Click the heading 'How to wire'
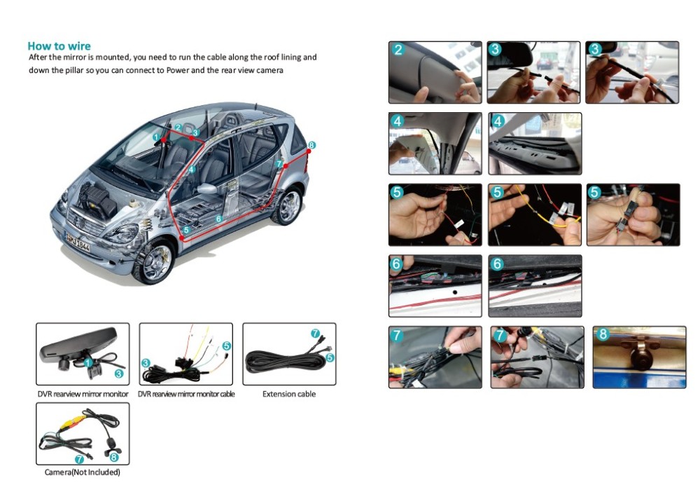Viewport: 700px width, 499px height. click(x=59, y=46)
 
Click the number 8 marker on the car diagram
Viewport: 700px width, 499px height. click(x=311, y=145)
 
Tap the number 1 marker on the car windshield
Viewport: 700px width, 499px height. click(x=156, y=137)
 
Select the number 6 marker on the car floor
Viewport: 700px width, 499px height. click(x=218, y=219)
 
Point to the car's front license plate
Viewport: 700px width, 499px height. click(x=78, y=242)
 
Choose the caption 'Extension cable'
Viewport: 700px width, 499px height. click(x=289, y=394)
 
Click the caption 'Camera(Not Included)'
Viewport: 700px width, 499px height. click(x=82, y=472)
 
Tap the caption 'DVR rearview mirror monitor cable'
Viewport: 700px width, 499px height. click(x=186, y=394)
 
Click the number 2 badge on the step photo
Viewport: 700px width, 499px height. click(x=398, y=49)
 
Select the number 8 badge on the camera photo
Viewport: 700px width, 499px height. click(x=603, y=334)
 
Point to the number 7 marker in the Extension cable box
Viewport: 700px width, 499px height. click(x=315, y=333)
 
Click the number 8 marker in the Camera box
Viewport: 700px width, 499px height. click(x=114, y=457)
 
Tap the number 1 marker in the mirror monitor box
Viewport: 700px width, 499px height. click(x=88, y=362)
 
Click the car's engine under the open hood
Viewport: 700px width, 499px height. click(x=97, y=198)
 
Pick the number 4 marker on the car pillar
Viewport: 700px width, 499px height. click(x=192, y=170)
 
